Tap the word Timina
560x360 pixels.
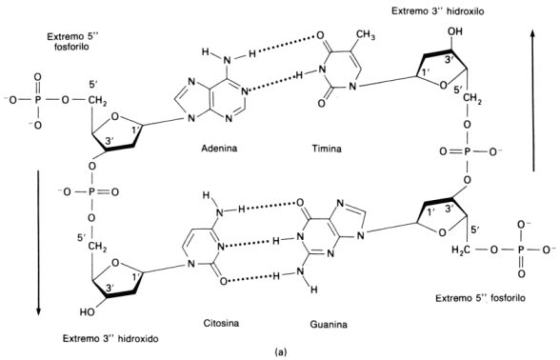pyautogui.click(x=329, y=150)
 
